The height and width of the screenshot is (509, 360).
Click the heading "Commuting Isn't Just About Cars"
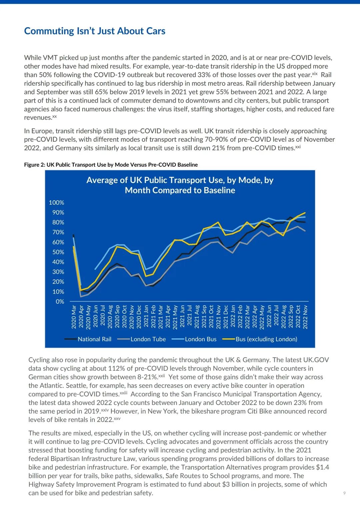[x=95, y=31]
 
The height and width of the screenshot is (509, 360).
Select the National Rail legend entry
[x=94, y=339]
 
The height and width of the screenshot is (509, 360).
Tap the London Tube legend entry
[x=148, y=339]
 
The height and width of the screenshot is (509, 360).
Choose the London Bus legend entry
[x=201, y=339]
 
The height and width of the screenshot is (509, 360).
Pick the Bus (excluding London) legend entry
[x=266, y=339]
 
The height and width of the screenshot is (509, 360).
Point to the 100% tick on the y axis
[x=56, y=203]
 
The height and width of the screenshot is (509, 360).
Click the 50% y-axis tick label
[x=58, y=252]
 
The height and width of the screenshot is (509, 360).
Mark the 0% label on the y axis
[x=60, y=301]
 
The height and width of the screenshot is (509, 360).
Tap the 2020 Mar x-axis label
[x=74, y=317]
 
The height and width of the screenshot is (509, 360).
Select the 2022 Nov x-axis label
[x=305, y=317]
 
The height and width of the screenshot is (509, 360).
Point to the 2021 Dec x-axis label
[x=226, y=317]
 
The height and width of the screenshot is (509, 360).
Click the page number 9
[x=344, y=493]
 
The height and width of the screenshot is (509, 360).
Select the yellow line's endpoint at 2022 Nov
[x=305, y=213]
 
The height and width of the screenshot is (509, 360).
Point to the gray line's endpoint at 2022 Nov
[x=305, y=231]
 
